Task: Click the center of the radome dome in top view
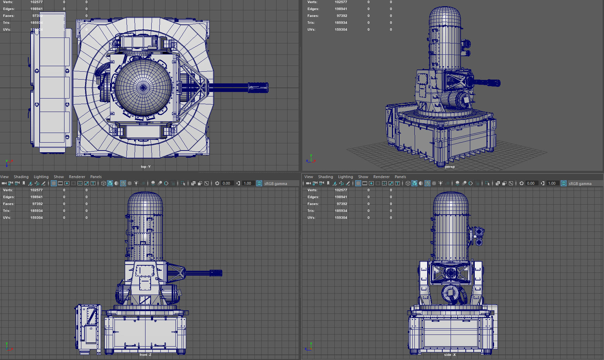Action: click(x=143, y=88)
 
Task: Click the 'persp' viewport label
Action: click(x=450, y=167)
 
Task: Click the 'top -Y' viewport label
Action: click(x=145, y=167)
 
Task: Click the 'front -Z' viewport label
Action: click(x=145, y=355)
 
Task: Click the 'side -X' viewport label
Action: click(x=450, y=355)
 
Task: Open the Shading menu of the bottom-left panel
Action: click(x=21, y=177)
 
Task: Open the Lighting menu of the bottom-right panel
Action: click(x=345, y=177)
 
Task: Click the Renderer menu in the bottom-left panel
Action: click(x=77, y=177)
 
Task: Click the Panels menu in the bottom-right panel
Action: click(x=400, y=177)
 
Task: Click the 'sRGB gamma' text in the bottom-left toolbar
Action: click(x=275, y=184)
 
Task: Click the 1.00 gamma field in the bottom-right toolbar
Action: click(x=552, y=183)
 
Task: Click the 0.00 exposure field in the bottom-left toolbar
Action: click(x=226, y=183)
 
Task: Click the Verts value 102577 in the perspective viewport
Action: click(x=341, y=2)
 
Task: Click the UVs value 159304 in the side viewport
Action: click(x=341, y=218)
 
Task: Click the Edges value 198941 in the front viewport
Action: click(x=36, y=197)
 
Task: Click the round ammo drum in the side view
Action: click(x=451, y=294)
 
